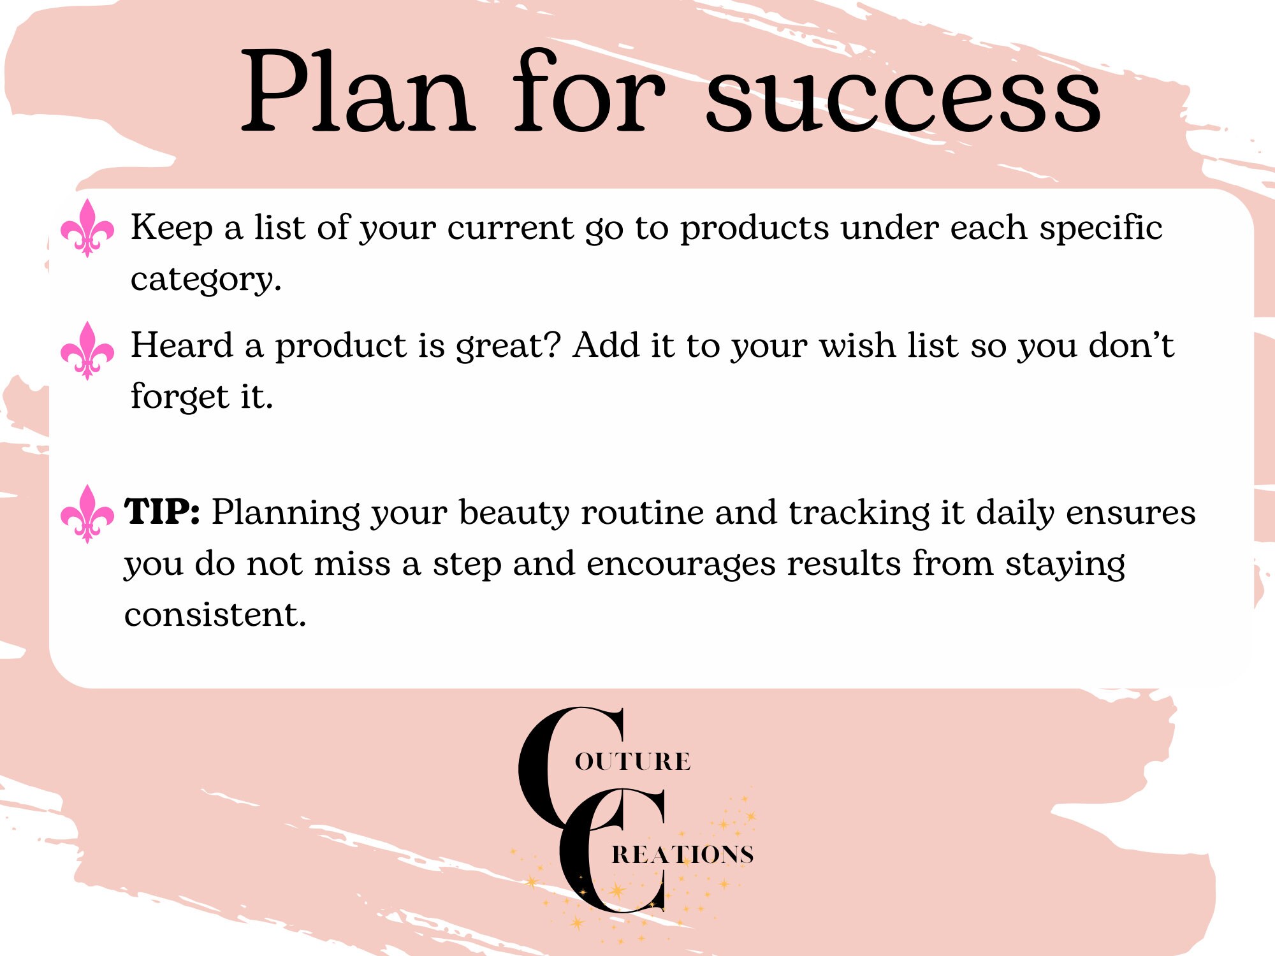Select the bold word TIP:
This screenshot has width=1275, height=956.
coord(162,512)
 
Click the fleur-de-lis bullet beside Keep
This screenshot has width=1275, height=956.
coord(87,228)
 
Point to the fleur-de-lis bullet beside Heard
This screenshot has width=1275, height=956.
coord(87,351)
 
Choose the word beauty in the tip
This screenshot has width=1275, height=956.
coord(514,514)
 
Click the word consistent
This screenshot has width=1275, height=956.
coord(215,615)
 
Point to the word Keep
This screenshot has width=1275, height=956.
coord(171,228)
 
